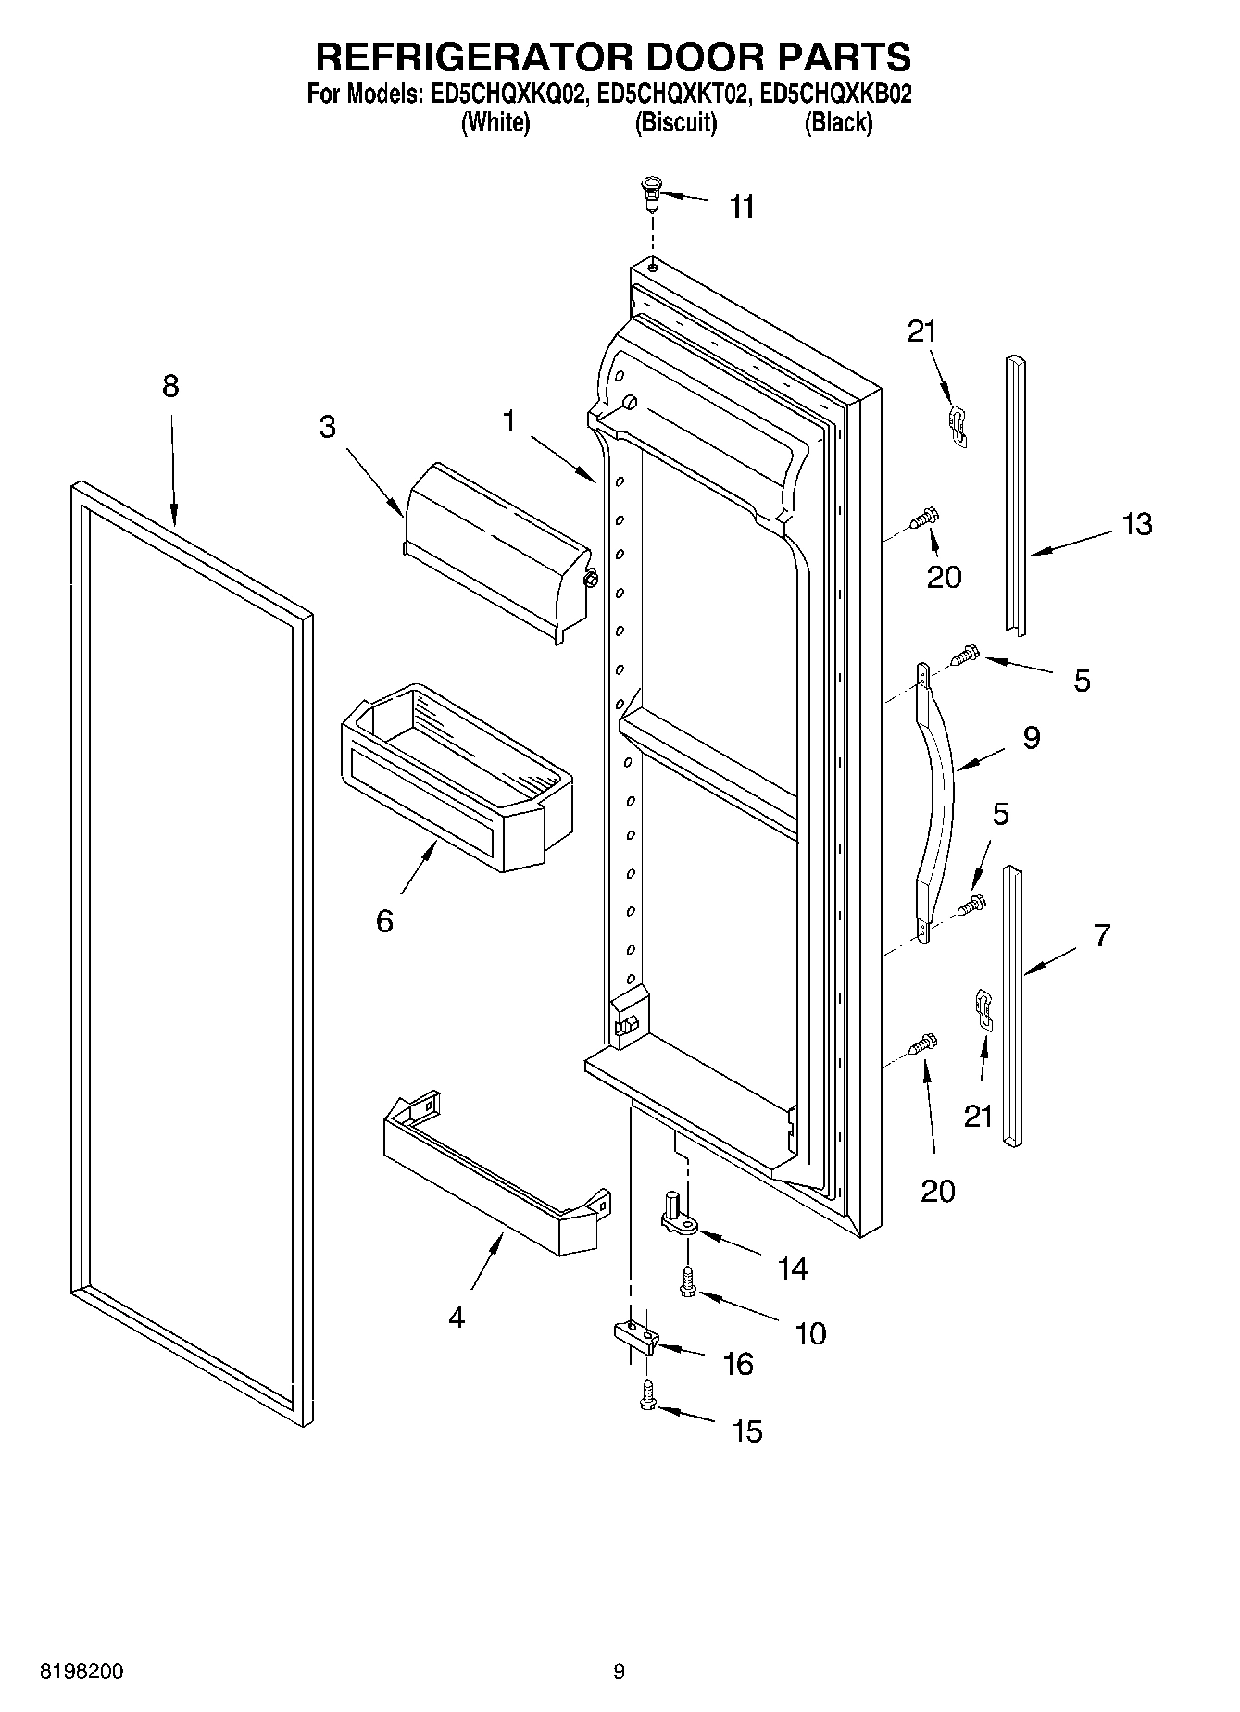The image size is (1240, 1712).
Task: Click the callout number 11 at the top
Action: (x=742, y=206)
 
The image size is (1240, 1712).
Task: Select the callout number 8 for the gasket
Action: (x=170, y=386)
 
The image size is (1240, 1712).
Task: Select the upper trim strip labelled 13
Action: (x=1016, y=494)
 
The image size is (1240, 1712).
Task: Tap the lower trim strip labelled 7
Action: (x=1014, y=1006)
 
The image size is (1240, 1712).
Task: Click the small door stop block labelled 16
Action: (x=635, y=1336)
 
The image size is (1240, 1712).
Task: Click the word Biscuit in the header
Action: (x=675, y=122)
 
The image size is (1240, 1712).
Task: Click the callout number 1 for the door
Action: (x=508, y=421)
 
